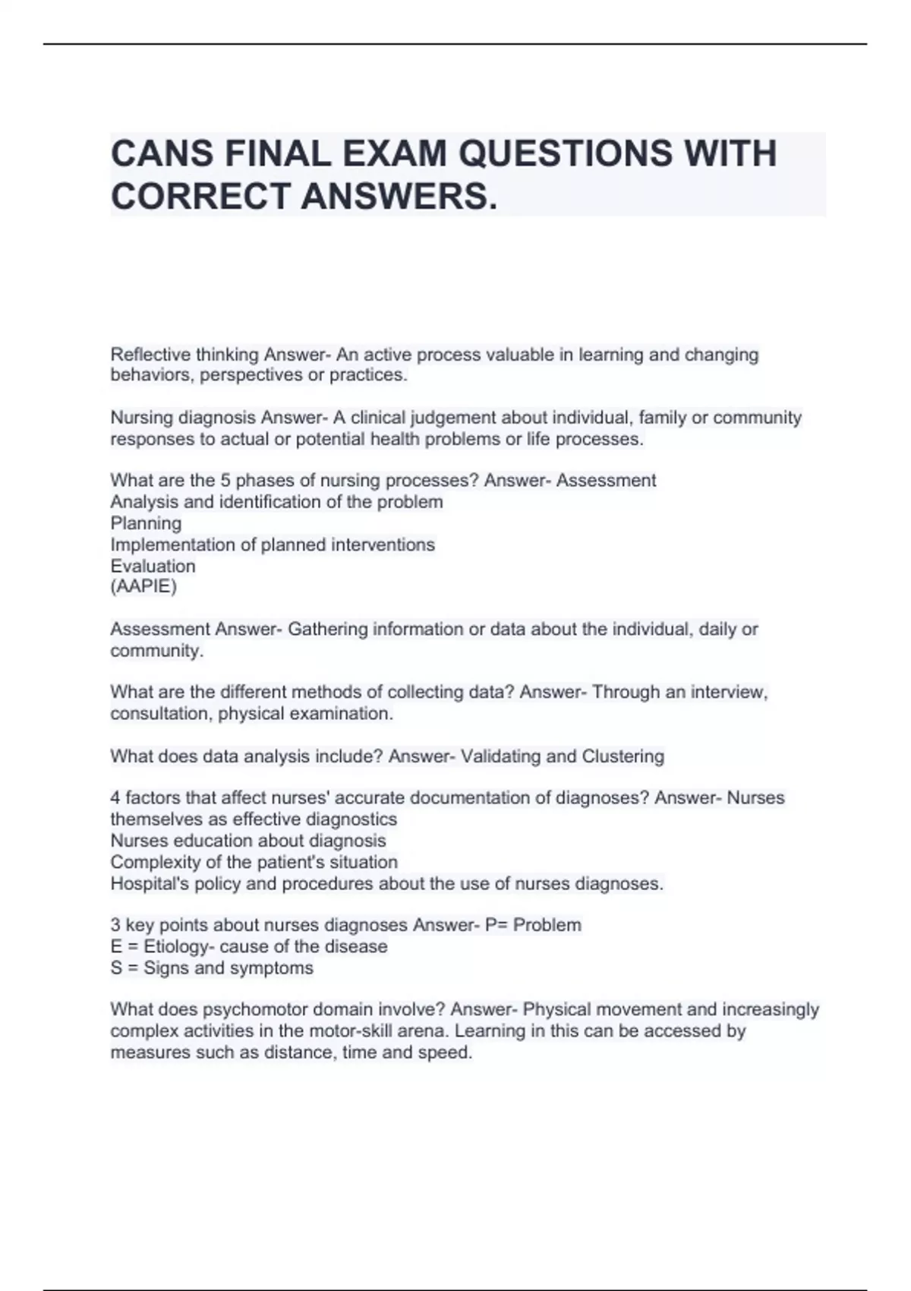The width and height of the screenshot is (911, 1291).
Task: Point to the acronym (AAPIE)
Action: pyautogui.click(x=143, y=586)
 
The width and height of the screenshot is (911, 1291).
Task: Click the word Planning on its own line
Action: pyautogui.click(x=146, y=523)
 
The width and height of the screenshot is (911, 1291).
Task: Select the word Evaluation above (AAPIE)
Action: pyautogui.click(x=153, y=566)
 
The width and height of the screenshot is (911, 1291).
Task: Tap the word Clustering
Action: pyautogui.click(x=623, y=756)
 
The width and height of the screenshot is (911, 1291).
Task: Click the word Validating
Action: pyautogui.click(x=500, y=756)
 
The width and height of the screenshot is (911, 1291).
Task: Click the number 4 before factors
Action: pyautogui.click(x=115, y=797)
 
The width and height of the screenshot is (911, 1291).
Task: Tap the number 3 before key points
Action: pyautogui.click(x=115, y=925)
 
